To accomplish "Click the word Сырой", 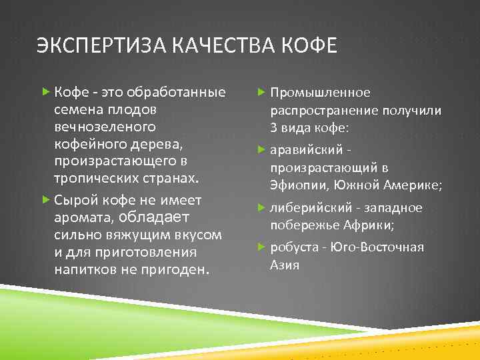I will click(x=76, y=200).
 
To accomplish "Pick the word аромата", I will click(x=84, y=217).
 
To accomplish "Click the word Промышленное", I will click(x=320, y=93).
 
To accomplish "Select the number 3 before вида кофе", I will click(x=273, y=127).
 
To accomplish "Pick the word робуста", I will click(x=293, y=248).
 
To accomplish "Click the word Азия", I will click(x=285, y=265).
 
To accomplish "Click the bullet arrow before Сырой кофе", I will click(x=45, y=200).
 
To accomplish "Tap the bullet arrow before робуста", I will click(x=262, y=247).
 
